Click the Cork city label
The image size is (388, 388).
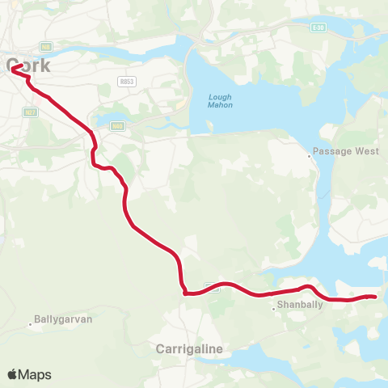click(x=31, y=65)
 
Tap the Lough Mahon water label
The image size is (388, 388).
click(x=214, y=103)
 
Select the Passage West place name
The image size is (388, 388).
click(x=339, y=150)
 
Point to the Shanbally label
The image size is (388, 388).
click(x=294, y=306)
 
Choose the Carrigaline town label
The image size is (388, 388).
click(x=188, y=348)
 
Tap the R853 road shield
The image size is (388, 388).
click(x=125, y=82)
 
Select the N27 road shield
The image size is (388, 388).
click(x=31, y=112)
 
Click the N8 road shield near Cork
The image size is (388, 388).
click(x=47, y=47)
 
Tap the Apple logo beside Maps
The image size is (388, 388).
click(x=13, y=374)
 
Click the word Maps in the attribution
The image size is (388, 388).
click(x=36, y=374)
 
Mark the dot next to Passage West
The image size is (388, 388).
click(x=310, y=158)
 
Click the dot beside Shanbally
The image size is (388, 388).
click(x=274, y=306)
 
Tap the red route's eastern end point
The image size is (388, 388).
click(x=376, y=297)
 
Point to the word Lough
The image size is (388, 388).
click(x=214, y=98)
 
